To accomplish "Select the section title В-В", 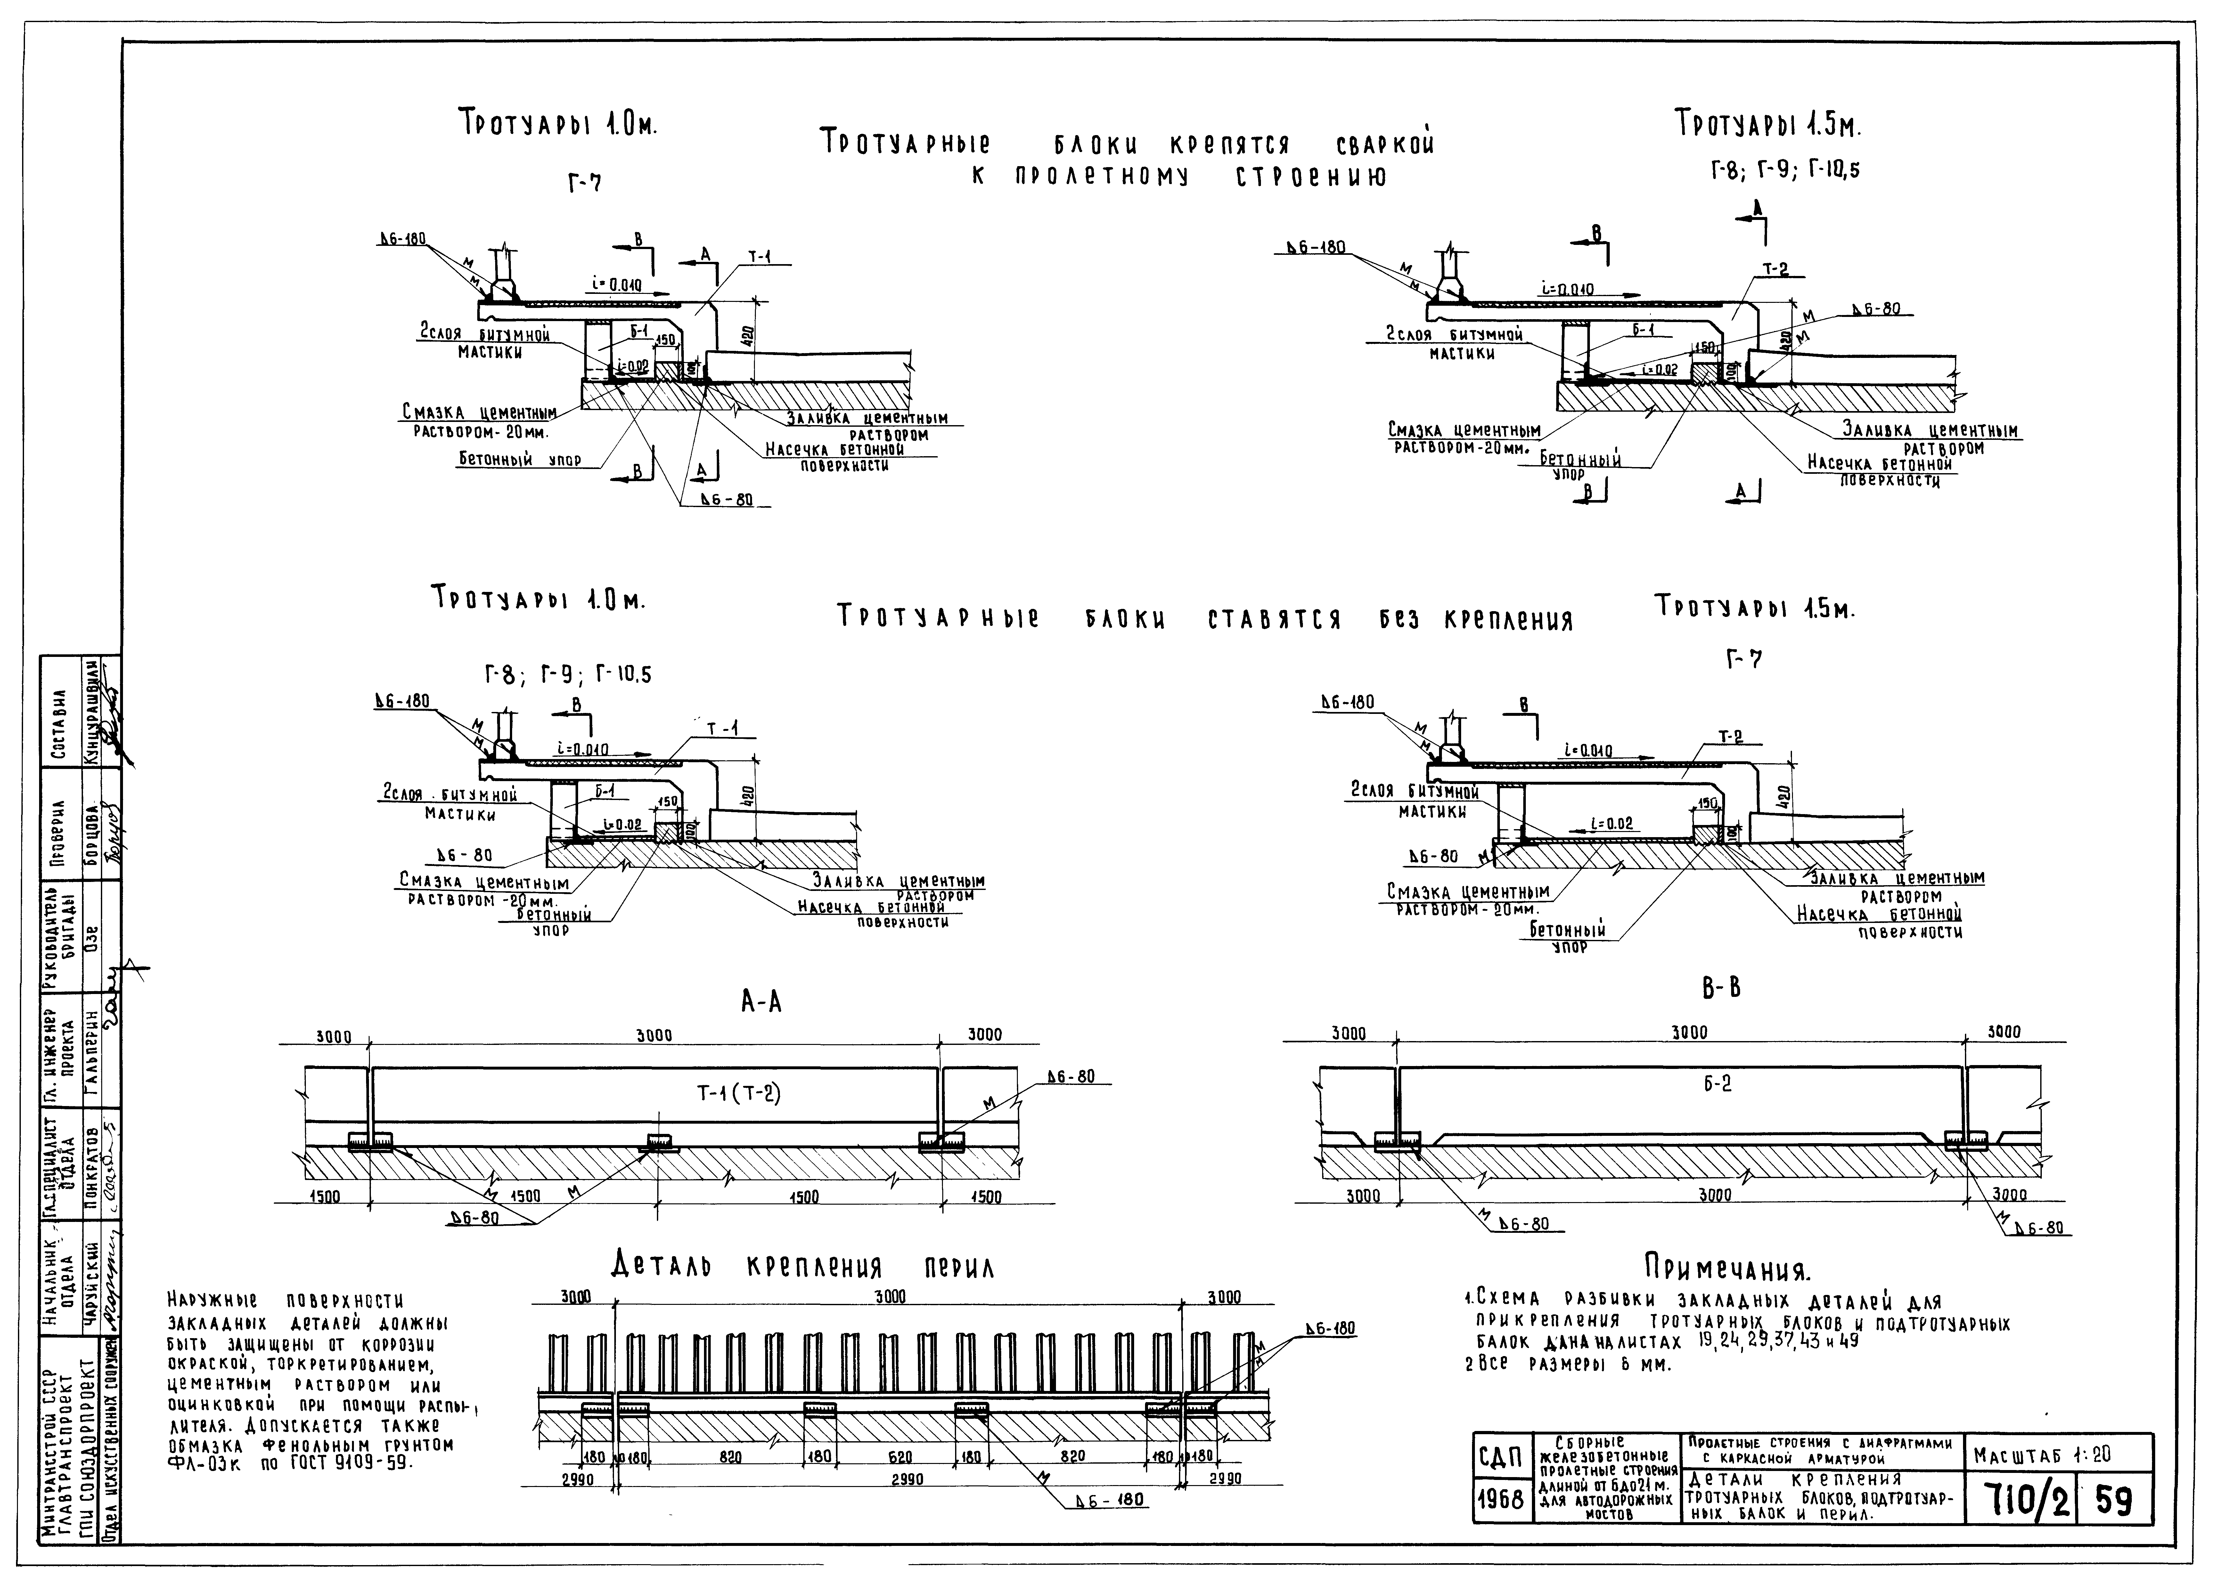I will [1720, 988].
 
